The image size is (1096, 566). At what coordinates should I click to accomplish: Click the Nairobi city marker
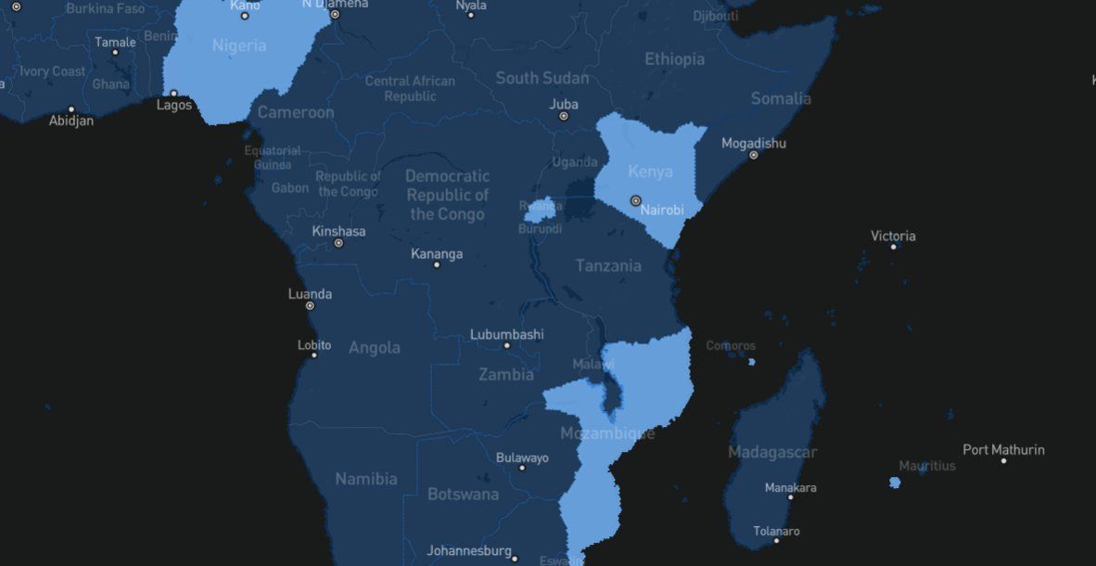click(x=635, y=200)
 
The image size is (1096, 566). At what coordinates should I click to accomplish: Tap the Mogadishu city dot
click(x=753, y=155)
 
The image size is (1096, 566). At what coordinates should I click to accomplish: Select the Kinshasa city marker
click(x=338, y=243)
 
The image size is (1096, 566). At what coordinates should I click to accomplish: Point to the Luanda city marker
click(x=310, y=305)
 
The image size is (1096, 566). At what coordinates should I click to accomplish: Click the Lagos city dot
click(x=173, y=94)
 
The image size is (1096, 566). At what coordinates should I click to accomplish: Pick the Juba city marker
click(x=563, y=117)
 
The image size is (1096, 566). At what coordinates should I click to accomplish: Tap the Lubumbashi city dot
click(x=506, y=345)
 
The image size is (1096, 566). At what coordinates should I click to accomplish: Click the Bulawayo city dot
click(x=522, y=468)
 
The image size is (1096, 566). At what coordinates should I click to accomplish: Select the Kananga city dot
click(x=437, y=264)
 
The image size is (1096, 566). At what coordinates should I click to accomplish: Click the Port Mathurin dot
click(x=1003, y=460)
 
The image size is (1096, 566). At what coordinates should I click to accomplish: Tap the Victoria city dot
click(x=894, y=247)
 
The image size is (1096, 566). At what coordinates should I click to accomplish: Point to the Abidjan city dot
click(x=71, y=109)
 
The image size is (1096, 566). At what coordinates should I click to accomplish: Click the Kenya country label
click(x=650, y=172)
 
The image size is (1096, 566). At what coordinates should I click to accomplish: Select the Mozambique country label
click(x=607, y=433)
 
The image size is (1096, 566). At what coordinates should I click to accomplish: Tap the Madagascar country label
click(x=772, y=453)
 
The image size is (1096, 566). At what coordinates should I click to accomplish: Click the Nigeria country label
click(x=239, y=45)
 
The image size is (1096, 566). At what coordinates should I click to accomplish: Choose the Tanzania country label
click(x=608, y=266)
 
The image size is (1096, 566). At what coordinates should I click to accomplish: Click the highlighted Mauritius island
click(x=895, y=482)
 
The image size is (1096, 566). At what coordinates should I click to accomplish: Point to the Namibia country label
click(x=366, y=480)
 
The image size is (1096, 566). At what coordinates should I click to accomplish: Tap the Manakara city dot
click(x=790, y=497)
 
